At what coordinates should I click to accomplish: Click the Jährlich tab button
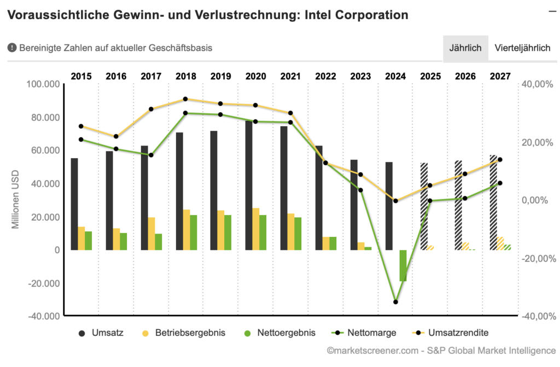point(465,48)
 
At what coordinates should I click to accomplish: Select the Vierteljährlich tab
point(522,48)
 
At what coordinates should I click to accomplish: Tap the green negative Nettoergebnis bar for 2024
point(403,265)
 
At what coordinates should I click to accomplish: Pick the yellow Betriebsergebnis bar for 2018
point(186,230)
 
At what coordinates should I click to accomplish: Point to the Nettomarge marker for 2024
point(396,302)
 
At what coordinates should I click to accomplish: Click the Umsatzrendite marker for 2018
point(185,99)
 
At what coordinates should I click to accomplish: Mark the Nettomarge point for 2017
point(151,155)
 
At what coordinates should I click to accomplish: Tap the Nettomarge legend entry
point(365,332)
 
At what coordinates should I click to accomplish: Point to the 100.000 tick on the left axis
point(43,84)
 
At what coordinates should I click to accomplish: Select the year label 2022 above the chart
point(326,76)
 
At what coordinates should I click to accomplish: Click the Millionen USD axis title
point(16,200)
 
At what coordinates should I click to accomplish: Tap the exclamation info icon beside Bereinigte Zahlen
point(12,48)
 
